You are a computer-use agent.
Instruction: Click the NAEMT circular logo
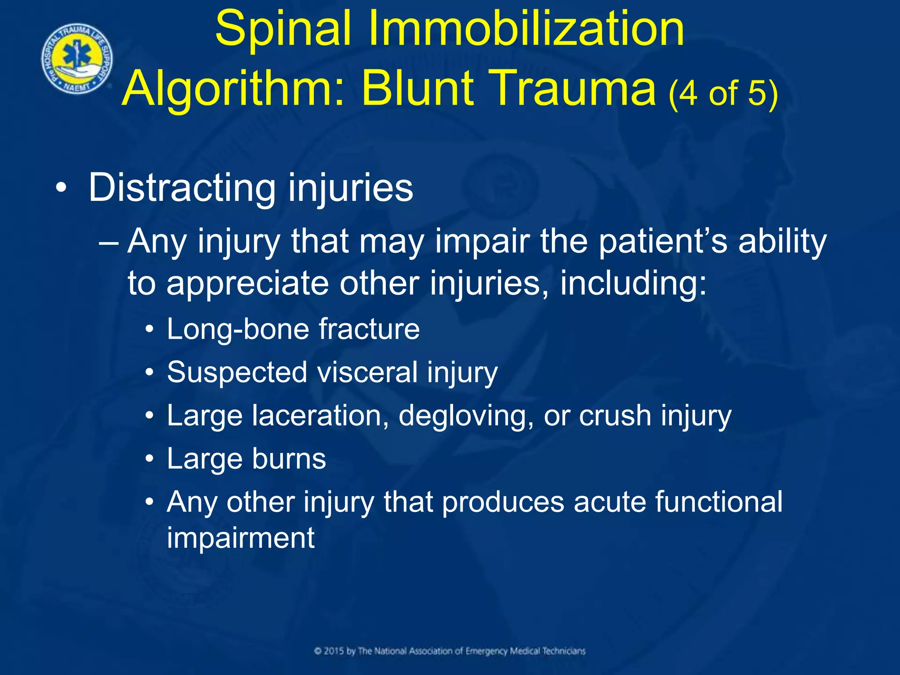[77, 59]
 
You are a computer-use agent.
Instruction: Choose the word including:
[633, 283]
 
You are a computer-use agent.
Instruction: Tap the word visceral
[367, 372]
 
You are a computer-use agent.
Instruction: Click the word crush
[615, 415]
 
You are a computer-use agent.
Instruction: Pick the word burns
[289, 459]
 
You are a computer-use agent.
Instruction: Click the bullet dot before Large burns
[150, 459]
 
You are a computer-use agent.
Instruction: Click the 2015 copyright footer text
[450, 651]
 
